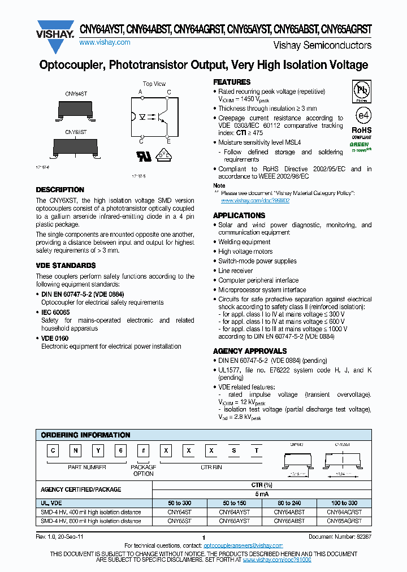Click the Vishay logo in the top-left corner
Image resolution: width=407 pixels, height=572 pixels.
pyautogui.click(x=55, y=30)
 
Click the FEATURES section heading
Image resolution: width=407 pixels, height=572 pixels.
pyautogui.click(x=231, y=82)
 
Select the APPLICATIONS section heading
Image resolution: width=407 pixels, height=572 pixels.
pyautogui.click(x=239, y=215)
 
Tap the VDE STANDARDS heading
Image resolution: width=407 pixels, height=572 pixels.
pyautogui.click(x=66, y=265)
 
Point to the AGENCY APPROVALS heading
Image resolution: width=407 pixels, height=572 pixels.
pyautogui.click(x=250, y=351)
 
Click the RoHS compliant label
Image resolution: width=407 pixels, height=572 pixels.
pyautogui.click(x=362, y=132)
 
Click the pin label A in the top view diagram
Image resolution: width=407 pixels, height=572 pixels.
pyautogui.click(x=140, y=92)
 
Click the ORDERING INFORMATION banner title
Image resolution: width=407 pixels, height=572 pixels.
pyautogui.click(x=85, y=435)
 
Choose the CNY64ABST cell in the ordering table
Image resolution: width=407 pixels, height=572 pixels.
pyautogui.click(x=290, y=512)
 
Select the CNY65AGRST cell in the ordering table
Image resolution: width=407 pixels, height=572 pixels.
pyautogui.click(x=344, y=521)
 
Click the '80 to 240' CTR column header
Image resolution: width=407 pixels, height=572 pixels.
pyautogui.click(x=290, y=503)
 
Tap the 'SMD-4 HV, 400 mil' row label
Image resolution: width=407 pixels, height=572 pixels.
pyautogui.click(x=91, y=512)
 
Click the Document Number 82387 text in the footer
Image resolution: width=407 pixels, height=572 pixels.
pyautogui.click(x=340, y=536)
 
